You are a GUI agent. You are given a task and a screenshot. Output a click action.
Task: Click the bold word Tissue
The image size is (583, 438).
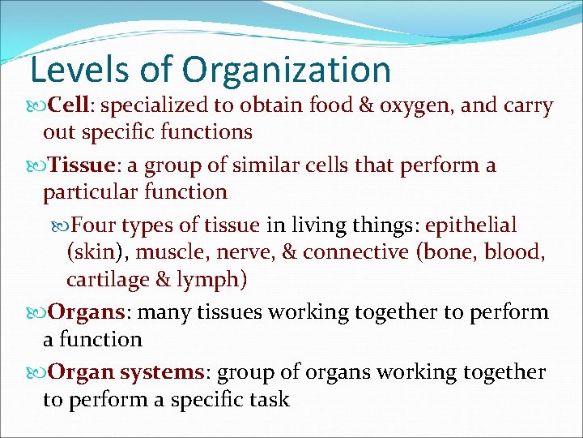pos(80,165)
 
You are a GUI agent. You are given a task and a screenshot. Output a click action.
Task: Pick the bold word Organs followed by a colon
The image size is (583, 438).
pos(86,312)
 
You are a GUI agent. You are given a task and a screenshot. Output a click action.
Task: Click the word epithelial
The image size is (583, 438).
pos(470,225)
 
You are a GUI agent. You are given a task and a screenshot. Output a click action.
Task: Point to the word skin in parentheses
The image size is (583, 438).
pos(94,252)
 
